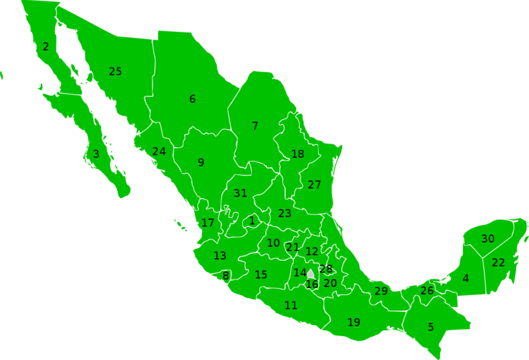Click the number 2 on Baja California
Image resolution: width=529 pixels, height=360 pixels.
46,47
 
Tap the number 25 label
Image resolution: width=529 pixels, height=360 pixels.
115,71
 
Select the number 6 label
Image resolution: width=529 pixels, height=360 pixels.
192,99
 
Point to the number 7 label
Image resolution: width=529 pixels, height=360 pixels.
255,126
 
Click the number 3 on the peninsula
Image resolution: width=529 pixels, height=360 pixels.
96,154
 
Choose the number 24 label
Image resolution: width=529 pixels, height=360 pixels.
159,152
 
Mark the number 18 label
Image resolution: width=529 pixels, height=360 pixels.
298,154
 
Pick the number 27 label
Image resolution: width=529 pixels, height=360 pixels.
314,185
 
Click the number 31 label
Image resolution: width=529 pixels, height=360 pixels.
240,193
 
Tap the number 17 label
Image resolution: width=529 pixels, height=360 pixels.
208,223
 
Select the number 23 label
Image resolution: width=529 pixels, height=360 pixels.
284,214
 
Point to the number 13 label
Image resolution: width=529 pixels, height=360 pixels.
220,255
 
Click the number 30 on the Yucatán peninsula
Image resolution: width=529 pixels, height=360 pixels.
487,239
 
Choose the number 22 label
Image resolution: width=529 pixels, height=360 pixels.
498,263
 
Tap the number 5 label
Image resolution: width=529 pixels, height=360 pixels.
430,327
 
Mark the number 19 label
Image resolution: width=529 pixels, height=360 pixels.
354,322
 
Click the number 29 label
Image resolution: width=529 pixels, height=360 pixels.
381,291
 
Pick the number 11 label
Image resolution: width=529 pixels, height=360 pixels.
290,306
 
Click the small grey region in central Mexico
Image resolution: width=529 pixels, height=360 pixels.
310,273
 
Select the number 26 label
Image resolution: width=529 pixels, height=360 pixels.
427,291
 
